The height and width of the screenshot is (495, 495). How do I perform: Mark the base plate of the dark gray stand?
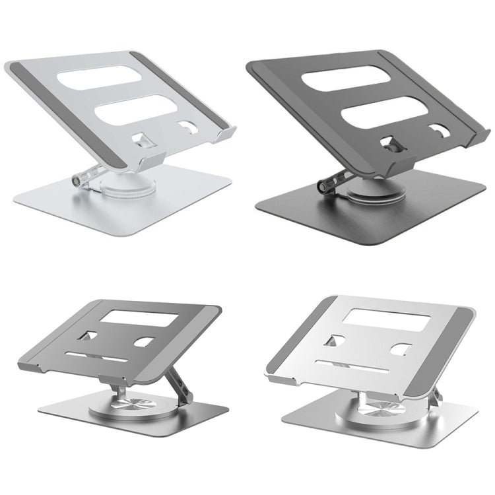(x=422, y=211)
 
